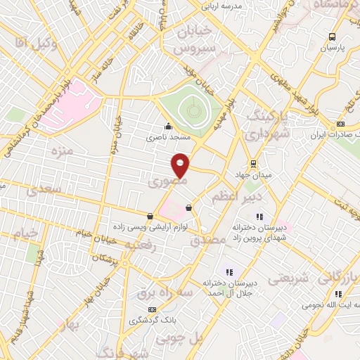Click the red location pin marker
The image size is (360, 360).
click(181, 165)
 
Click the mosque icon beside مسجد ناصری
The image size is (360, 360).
click(167, 127)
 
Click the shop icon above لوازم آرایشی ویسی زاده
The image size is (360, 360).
click(150, 216)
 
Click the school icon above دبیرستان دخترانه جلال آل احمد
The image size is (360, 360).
click(229, 271)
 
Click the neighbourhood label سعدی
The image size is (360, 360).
click(42, 190)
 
